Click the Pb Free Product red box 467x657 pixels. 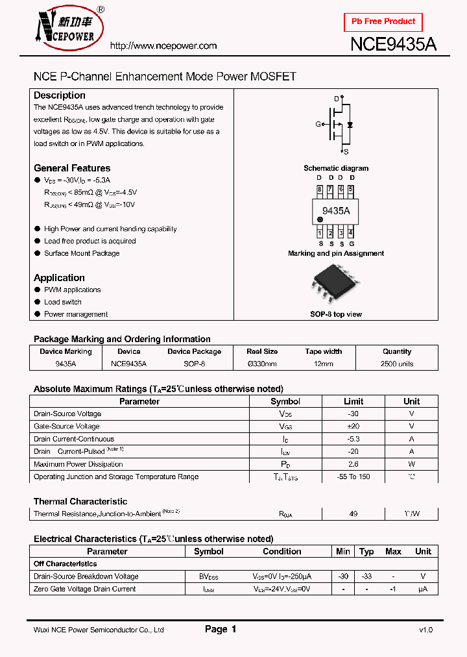click(x=383, y=21)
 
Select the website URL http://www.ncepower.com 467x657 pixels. click(x=163, y=46)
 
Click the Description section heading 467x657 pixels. click(x=59, y=95)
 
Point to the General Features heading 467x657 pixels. click(x=72, y=168)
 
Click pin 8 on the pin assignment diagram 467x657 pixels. click(x=319, y=190)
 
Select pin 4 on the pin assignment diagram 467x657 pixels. click(x=351, y=232)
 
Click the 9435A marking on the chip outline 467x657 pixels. click(x=335, y=211)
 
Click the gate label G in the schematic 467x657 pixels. click(x=318, y=124)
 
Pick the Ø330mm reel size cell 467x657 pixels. click(x=262, y=364)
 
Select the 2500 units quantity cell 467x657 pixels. click(x=397, y=364)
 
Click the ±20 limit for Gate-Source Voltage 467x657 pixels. click(x=353, y=427)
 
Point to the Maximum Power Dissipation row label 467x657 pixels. click(x=78, y=464)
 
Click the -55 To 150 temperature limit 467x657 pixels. click(x=353, y=477)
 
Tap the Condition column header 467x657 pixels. click(x=281, y=551)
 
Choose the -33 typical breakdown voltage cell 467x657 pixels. click(x=366, y=576)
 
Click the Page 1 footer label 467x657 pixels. click(x=221, y=629)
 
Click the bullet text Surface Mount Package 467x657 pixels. click(x=82, y=253)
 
